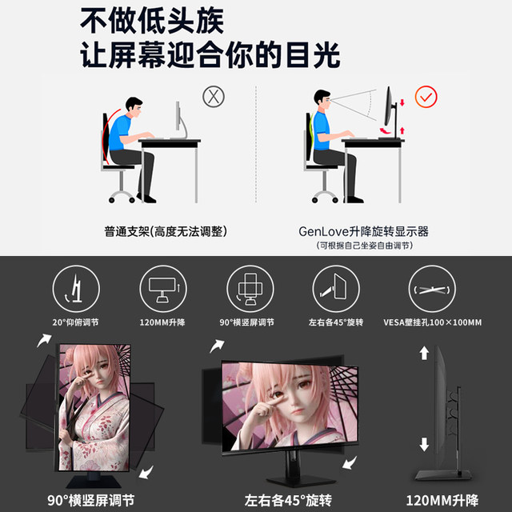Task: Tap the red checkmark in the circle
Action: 426,97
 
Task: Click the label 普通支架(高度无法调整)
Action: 166,231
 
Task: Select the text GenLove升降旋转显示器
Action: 363,231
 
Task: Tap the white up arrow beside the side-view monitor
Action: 425,354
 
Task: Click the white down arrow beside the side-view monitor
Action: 425,445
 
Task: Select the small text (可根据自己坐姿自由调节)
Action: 364,245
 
